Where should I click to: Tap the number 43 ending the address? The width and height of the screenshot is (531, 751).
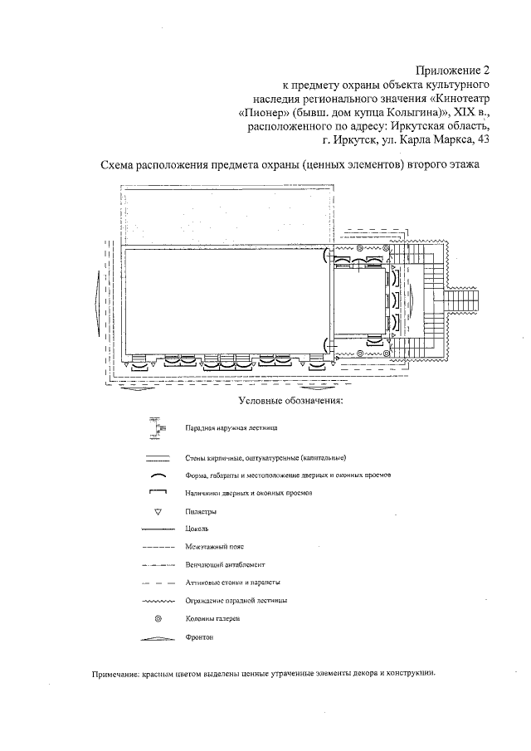[x=480, y=141]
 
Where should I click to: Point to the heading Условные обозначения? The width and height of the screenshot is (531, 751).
[x=290, y=402]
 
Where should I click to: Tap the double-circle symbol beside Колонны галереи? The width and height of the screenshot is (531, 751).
[x=157, y=619]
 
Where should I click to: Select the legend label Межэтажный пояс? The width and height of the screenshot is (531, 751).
[x=207, y=547]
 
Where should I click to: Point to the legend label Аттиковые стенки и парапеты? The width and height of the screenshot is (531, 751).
[x=228, y=583]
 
